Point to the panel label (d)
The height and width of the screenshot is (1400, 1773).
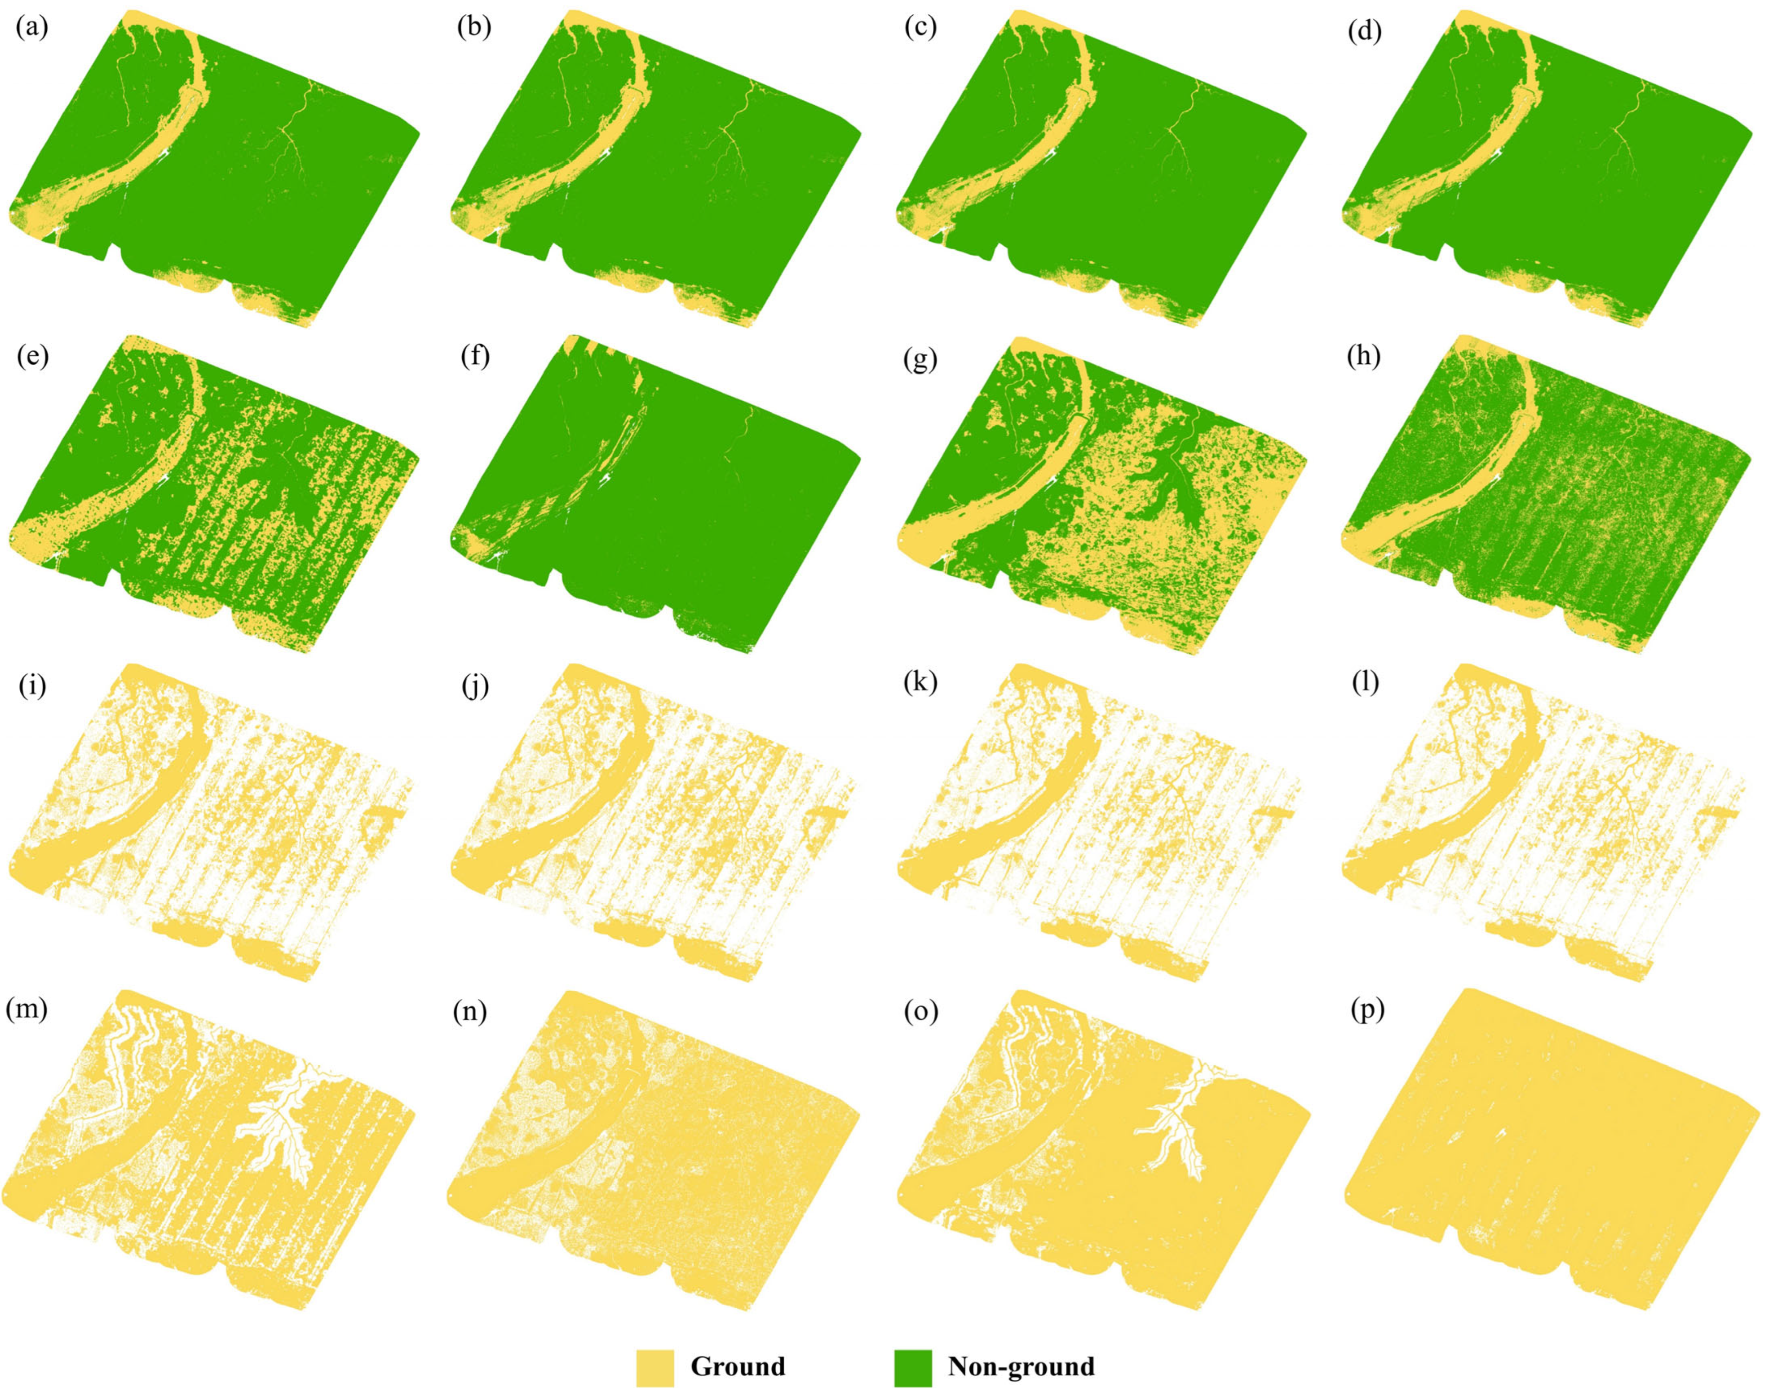click(1363, 31)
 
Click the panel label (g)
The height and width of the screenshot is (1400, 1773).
click(920, 358)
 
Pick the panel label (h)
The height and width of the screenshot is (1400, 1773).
click(1363, 358)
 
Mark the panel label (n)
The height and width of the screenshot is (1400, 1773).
click(469, 1012)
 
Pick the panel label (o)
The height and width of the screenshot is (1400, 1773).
click(919, 1012)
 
